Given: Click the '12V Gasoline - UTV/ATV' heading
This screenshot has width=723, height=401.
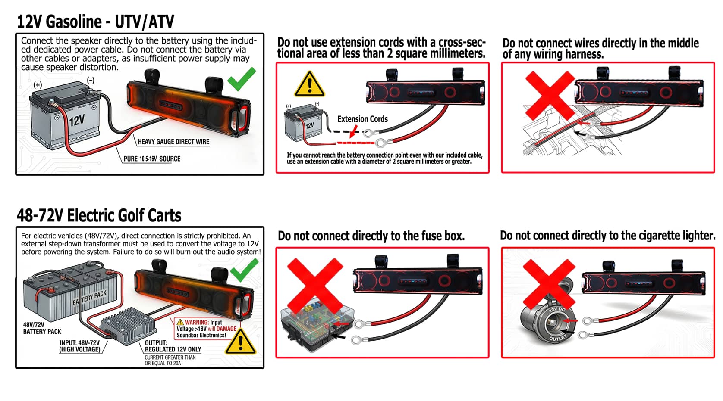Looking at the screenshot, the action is click(x=95, y=22).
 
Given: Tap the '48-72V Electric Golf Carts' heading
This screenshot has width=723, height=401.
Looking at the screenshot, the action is click(x=99, y=215).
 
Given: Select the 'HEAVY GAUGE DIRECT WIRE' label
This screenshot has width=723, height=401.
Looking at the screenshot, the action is click(x=174, y=142).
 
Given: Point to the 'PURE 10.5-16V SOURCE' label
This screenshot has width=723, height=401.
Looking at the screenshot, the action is click(x=152, y=159).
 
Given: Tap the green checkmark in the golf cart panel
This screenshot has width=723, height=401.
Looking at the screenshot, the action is click(x=245, y=270).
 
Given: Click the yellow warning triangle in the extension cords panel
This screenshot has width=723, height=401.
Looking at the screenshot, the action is click(x=309, y=84).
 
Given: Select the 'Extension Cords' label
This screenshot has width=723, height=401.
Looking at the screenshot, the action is click(x=362, y=119).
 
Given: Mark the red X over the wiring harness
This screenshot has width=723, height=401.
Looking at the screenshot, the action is click(x=550, y=96).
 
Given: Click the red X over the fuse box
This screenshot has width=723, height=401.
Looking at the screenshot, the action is click(x=315, y=285).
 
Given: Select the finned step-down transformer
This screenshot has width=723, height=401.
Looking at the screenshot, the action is click(x=128, y=326).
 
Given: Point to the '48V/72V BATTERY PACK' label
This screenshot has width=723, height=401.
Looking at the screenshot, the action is click(x=42, y=328).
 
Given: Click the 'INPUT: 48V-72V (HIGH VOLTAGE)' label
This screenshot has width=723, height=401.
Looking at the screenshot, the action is click(x=80, y=346).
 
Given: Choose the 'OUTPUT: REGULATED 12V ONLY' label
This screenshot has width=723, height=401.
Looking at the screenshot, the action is click(x=173, y=346).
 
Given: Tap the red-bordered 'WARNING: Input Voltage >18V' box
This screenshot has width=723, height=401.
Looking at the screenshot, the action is click(x=207, y=329).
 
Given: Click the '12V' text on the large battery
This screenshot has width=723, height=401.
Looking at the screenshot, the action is click(x=77, y=120).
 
